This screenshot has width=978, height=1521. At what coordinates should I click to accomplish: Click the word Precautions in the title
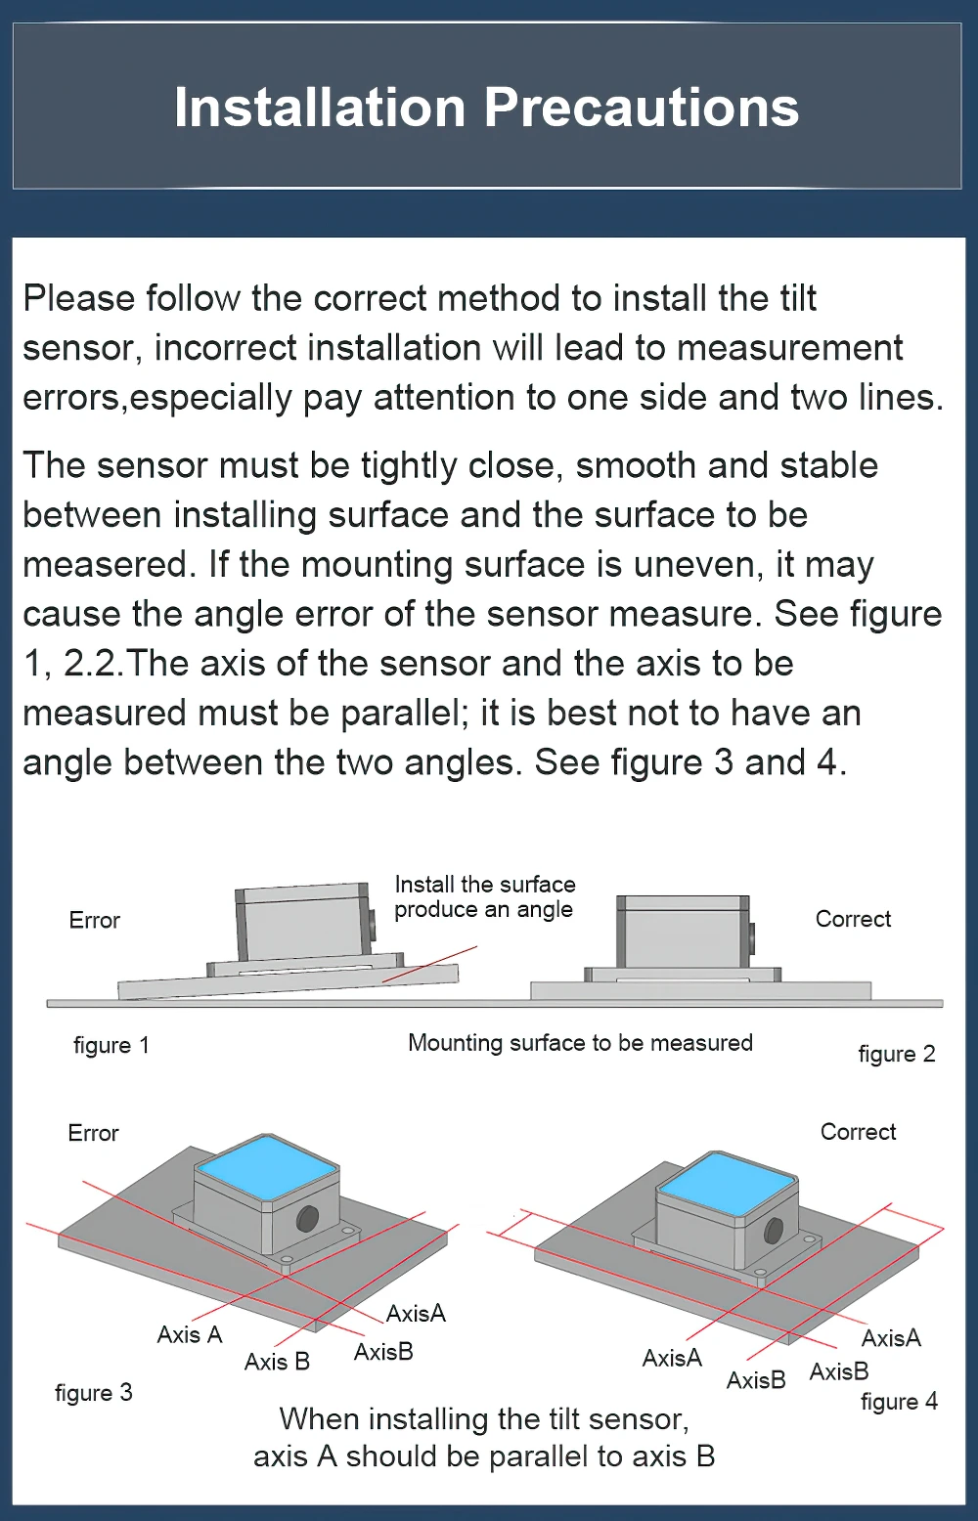tap(642, 108)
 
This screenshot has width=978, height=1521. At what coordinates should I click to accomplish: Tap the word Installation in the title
tap(320, 108)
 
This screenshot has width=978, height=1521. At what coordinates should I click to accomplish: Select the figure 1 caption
tap(111, 1045)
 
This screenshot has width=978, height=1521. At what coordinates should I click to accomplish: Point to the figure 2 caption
tap(896, 1054)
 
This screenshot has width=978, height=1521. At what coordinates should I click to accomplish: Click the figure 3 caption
tap(94, 1392)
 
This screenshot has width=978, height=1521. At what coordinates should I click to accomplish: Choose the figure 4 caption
tap(899, 1401)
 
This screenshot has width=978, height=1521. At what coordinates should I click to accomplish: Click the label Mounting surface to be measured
tap(580, 1043)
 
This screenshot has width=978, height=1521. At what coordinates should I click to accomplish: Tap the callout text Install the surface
tap(485, 885)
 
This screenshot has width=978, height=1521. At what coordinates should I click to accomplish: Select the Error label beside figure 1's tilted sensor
tap(95, 920)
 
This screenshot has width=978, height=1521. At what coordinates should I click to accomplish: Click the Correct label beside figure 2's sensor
tap(853, 919)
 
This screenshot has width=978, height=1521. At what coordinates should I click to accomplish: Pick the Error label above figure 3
tap(93, 1133)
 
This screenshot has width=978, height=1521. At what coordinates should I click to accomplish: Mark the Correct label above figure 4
tap(858, 1132)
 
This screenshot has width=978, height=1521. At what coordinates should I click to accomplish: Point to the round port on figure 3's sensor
tap(307, 1219)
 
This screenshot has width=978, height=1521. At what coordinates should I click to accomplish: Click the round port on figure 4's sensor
tap(774, 1230)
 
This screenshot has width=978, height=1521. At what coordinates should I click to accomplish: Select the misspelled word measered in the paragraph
tap(107, 564)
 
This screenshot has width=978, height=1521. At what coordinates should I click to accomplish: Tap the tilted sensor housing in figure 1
tap(303, 924)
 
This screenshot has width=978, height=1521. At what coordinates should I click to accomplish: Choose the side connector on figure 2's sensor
tap(751, 936)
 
